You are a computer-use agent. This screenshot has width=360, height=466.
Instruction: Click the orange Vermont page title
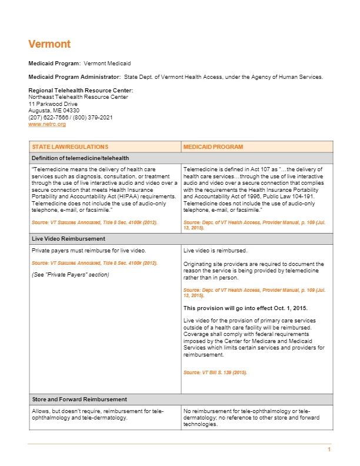[49, 44]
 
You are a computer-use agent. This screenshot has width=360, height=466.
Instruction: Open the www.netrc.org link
[47, 124]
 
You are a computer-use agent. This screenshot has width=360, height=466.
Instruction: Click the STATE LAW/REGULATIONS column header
[70, 147]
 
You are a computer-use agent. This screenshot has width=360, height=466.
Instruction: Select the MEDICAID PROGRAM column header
[213, 147]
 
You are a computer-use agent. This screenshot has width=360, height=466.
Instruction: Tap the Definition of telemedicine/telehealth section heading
[80, 158]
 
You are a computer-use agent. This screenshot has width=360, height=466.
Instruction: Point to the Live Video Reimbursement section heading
[68, 239]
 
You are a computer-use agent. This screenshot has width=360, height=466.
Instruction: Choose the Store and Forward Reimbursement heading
[79, 400]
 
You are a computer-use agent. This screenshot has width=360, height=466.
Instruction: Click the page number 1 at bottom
[329, 450]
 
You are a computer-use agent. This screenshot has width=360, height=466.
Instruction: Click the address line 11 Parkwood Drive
[54, 104]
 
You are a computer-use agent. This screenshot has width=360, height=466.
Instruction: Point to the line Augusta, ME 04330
[54, 111]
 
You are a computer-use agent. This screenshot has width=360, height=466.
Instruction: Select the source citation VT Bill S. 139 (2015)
[215, 372]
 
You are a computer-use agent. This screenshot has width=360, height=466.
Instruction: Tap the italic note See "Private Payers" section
[70, 275]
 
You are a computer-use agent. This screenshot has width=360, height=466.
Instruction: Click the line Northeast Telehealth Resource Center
[78, 97]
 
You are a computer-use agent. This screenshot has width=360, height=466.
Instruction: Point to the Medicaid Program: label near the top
[55, 63]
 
